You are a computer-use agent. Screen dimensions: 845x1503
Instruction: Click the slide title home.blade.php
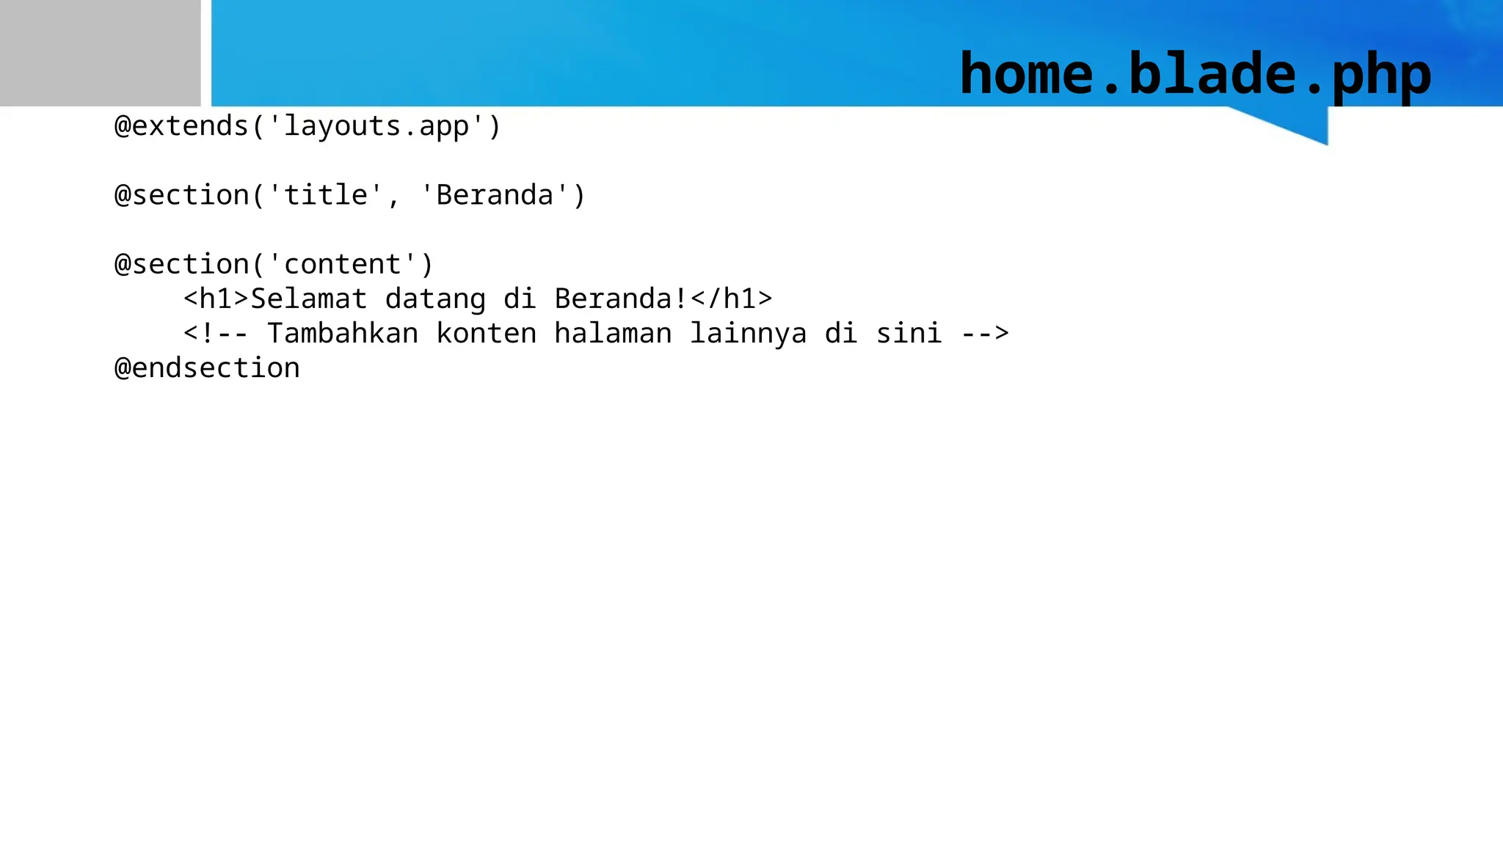click(1195, 74)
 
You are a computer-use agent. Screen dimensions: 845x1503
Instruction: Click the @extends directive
click(182, 126)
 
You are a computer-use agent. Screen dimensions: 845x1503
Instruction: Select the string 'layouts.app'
click(376, 126)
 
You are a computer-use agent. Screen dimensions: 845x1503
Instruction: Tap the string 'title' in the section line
click(325, 195)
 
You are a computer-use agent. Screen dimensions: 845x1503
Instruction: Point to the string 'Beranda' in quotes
click(495, 195)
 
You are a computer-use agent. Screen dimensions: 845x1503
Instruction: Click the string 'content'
click(342, 264)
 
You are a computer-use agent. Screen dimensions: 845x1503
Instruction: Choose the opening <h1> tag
click(216, 299)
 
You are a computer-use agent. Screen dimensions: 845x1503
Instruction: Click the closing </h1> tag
click(731, 299)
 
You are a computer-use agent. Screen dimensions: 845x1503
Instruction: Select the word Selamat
click(309, 299)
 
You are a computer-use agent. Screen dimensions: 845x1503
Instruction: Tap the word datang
click(435, 299)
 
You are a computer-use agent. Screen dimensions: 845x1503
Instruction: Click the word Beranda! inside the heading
click(621, 299)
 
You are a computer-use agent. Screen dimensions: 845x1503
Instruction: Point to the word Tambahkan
click(343, 334)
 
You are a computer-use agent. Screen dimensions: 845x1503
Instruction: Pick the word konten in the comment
click(487, 334)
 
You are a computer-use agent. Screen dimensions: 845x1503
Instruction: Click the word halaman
click(613, 334)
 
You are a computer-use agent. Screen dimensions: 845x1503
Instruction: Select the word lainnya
click(748, 334)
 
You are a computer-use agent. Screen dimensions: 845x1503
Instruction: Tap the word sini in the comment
click(909, 334)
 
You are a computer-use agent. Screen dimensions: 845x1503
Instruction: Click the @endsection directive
click(208, 368)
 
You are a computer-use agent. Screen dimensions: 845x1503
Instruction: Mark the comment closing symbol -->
click(985, 334)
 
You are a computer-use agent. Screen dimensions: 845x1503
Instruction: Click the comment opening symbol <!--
click(216, 334)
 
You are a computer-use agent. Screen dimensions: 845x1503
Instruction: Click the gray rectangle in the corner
click(100, 53)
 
